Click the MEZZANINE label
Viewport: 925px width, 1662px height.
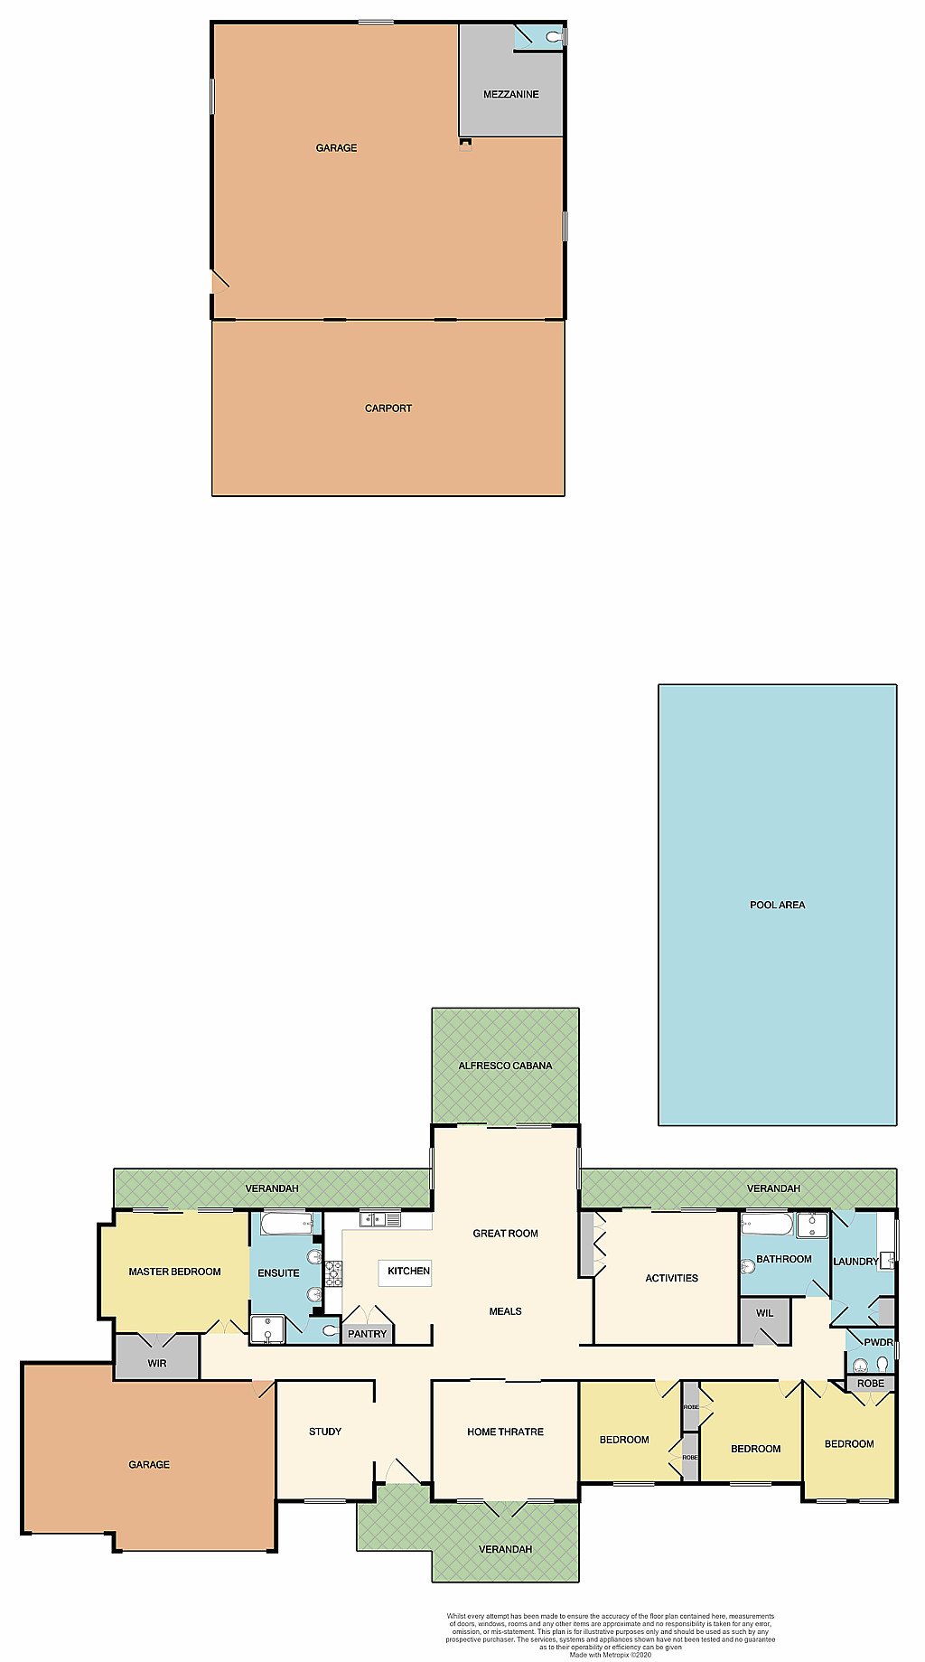pyautogui.click(x=510, y=94)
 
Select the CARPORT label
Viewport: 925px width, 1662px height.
pyautogui.click(x=388, y=408)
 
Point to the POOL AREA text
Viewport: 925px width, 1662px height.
pyautogui.click(x=777, y=905)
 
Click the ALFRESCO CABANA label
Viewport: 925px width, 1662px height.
pyautogui.click(x=505, y=1066)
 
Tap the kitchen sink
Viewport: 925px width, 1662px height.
pyautogui.click(x=380, y=1219)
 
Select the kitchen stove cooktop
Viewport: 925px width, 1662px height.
pyautogui.click(x=333, y=1272)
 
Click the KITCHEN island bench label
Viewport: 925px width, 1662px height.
pyautogui.click(x=408, y=1271)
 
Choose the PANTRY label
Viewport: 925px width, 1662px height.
pyautogui.click(x=367, y=1334)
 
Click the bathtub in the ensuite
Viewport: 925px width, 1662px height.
pyautogui.click(x=286, y=1224)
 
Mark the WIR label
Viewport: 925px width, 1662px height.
pyautogui.click(x=157, y=1363)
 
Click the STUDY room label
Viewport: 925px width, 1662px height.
pyautogui.click(x=325, y=1432)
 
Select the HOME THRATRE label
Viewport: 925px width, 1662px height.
pyautogui.click(x=505, y=1432)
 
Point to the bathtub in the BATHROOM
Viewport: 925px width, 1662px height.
pyautogui.click(x=767, y=1224)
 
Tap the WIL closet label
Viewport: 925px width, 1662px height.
pyautogui.click(x=765, y=1313)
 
